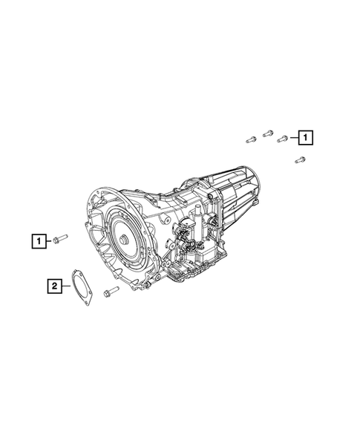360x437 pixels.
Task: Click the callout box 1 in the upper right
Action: [x=305, y=137]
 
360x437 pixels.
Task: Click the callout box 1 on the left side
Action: [x=39, y=241]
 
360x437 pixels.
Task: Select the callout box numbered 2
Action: [x=54, y=286]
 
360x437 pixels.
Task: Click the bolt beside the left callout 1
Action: [x=60, y=239]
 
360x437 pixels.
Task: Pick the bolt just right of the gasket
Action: [x=111, y=292]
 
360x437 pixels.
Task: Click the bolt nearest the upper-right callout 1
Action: [x=283, y=139]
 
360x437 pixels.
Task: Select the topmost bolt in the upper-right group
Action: [x=268, y=134]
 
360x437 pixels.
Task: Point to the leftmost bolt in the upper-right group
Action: [x=251, y=139]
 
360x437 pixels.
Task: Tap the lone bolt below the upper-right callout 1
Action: [x=300, y=160]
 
